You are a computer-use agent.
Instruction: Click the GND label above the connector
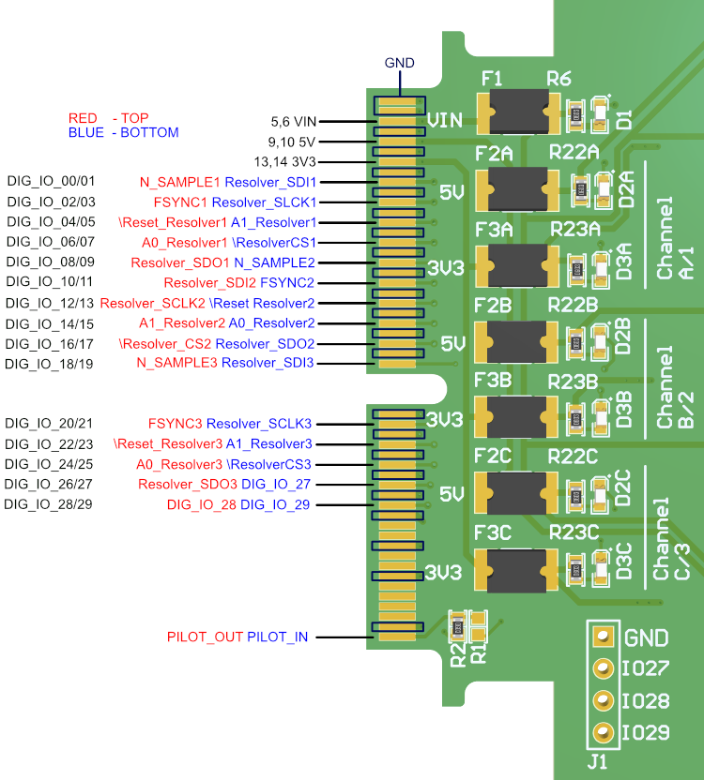tap(400, 63)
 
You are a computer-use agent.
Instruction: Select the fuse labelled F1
tap(518, 112)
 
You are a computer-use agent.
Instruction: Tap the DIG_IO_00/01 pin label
tap(51, 181)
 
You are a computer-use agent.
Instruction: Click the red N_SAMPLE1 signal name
tap(180, 182)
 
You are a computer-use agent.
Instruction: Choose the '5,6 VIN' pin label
tap(294, 122)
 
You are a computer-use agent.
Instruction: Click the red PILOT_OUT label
tap(205, 637)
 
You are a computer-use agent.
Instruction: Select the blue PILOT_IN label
tap(277, 637)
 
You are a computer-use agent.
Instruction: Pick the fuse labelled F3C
tap(517, 572)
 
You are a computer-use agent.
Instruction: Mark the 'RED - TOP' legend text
tap(109, 118)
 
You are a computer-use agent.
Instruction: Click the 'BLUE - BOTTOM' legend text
tap(123, 133)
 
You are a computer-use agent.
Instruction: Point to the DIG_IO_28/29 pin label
tap(50, 505)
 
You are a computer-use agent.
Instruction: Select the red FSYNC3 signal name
tap(175, 424)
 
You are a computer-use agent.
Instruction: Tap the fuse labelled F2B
tap(518, 342)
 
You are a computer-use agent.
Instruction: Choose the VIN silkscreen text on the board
tap(445, 120)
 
